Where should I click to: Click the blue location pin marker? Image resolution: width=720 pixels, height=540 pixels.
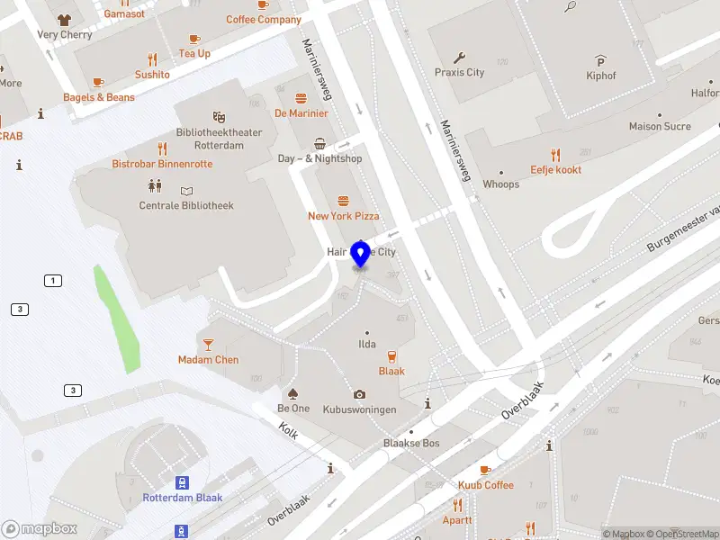[x=361, y=254]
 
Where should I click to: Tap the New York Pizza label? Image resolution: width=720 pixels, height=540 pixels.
[x=343, y=216]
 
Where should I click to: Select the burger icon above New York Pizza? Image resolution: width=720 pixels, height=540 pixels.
[x=342, y=201]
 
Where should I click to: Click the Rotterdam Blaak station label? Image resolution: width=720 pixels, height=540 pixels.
[x=182, y=498]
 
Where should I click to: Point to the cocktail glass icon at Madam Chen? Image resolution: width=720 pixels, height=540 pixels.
[x=208, y=344]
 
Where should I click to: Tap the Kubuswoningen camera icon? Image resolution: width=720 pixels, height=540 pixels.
[x=360, y=394]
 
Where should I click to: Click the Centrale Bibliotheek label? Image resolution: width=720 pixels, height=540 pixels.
[x=186, y=206]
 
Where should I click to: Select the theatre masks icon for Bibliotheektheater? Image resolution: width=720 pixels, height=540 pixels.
[x=218, y=117]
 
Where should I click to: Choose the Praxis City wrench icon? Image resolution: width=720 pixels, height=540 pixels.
[x=459, y=57]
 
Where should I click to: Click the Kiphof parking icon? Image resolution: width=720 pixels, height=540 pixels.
[x=600, y=60]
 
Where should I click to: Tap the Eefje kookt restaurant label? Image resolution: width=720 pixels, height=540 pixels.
[x=555, y=169]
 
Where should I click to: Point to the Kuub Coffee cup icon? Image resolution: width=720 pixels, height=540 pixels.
[x=485, y=470]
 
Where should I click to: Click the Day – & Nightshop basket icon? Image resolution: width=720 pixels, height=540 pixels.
[x=319, y=143]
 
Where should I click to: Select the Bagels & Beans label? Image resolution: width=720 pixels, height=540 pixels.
[x=99, y=97]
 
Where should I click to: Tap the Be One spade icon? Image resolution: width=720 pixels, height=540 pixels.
[x=292, y=393]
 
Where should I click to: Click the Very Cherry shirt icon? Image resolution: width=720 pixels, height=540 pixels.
[x=64, y=19]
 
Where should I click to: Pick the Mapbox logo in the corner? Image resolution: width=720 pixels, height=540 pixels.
[x=40, y=529]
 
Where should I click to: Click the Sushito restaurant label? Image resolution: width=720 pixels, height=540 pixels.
[x=152, y=75]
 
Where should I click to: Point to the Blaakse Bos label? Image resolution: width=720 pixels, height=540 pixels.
[x=411, y=444]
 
